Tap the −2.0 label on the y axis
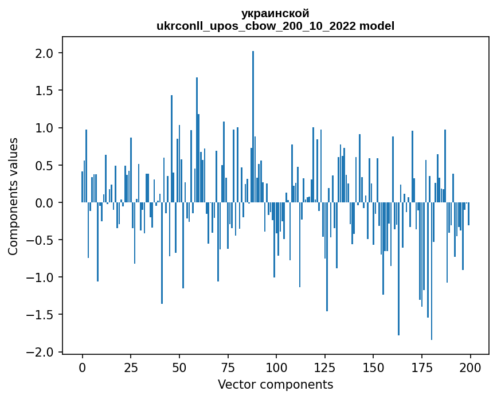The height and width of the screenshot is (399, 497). click(x=44, y=352)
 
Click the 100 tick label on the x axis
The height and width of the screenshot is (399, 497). click(x=276, y=367)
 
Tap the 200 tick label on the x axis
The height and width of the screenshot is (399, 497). click(x=471, y=367)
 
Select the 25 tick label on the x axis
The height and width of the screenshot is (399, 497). click(x=131, y=367)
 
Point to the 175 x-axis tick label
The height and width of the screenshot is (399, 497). click(x=422, y=367)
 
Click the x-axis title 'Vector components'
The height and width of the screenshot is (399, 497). click(x=275, y=384)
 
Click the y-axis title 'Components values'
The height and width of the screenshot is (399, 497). click(x=13, y=196)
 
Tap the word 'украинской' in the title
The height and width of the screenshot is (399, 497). click(x=275, y=13)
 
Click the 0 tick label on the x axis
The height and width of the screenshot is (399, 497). click(x=83, y=367)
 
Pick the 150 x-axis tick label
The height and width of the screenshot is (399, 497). click(x=373, y=367)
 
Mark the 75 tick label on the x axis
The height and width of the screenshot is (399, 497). click(x=228, y=367)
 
